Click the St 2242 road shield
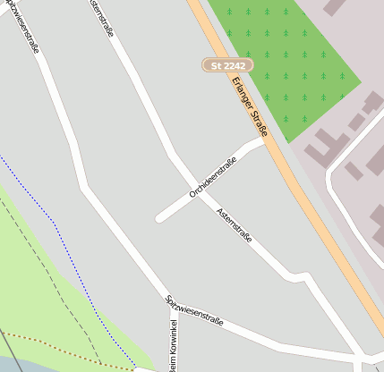point(228,65)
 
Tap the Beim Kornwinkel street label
point(173,352)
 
